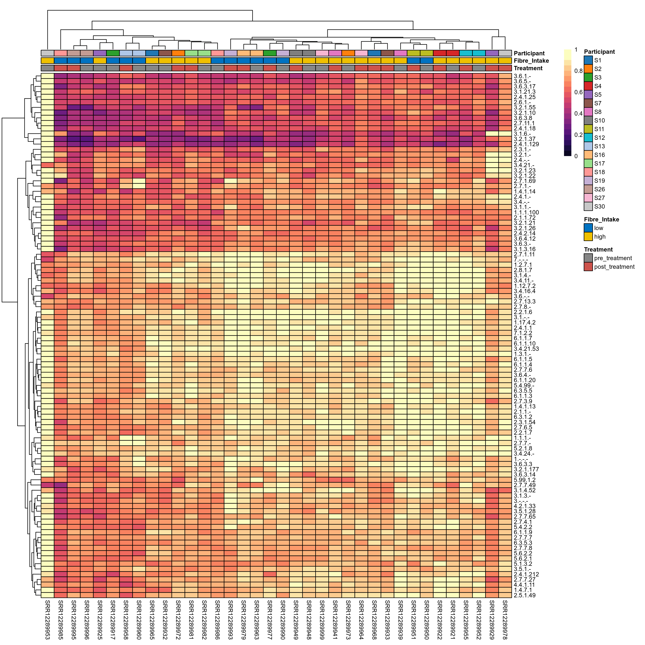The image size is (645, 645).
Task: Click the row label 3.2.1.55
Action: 524,107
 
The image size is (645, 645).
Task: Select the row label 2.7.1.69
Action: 524,181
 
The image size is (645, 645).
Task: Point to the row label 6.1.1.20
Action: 524,380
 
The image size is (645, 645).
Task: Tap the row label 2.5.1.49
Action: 524,595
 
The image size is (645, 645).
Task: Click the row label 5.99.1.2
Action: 524,480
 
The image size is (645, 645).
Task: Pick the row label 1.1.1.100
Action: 526,212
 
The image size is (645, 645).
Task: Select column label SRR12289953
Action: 47,619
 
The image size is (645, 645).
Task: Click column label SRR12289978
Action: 505,619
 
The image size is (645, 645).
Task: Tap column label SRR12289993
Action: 230,619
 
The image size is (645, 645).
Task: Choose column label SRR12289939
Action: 400,619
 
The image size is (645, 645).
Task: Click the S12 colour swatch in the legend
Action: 588,138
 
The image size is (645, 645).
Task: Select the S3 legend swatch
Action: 588,77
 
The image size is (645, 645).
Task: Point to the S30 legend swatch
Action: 588,206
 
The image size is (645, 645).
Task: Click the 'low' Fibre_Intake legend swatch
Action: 588,228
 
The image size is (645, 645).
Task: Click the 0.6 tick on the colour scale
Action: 578,92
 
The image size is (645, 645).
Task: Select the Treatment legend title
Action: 598,249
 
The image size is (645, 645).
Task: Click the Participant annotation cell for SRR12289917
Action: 113,53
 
